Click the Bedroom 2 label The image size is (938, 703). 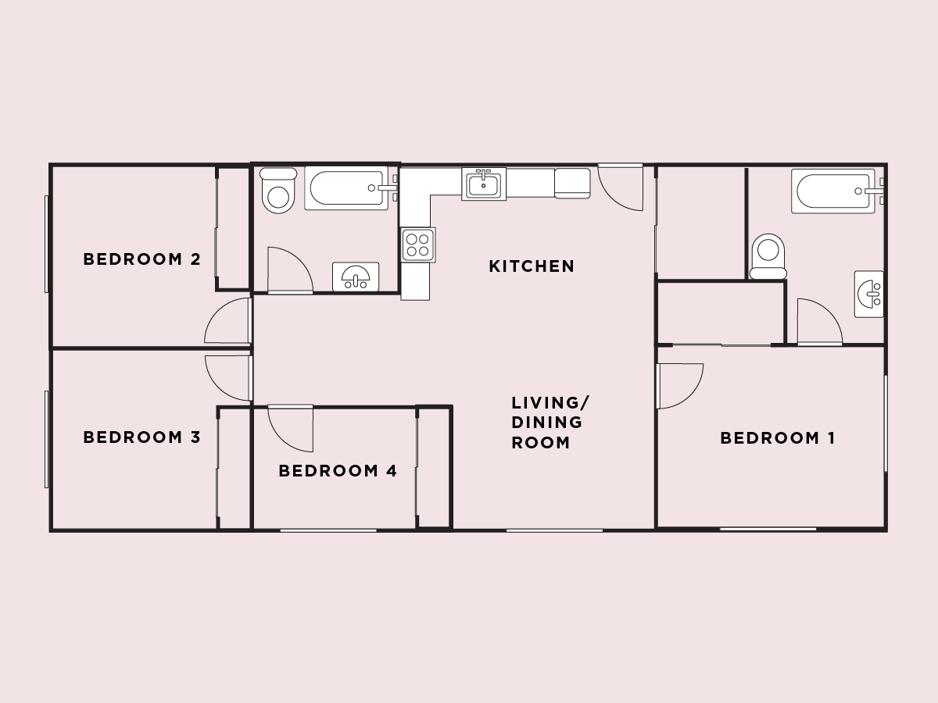coord(142,259)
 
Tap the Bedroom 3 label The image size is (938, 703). coord(142,437)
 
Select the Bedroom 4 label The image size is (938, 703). coord(338,471)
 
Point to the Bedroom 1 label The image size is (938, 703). coord(778,438)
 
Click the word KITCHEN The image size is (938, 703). coord(532,266)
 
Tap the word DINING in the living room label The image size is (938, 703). coord(546,422)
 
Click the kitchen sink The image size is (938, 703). coord(484,184)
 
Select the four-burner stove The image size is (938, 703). coord(418,245)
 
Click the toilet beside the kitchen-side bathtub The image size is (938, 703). coord(278,191)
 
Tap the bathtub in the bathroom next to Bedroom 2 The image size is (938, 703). coord(346,187)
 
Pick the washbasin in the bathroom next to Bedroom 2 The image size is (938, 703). coord(356,277)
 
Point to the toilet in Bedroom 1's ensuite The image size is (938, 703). coord(768,256)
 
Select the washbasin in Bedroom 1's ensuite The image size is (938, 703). coord(868,294)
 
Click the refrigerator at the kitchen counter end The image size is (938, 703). coord(573,183)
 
